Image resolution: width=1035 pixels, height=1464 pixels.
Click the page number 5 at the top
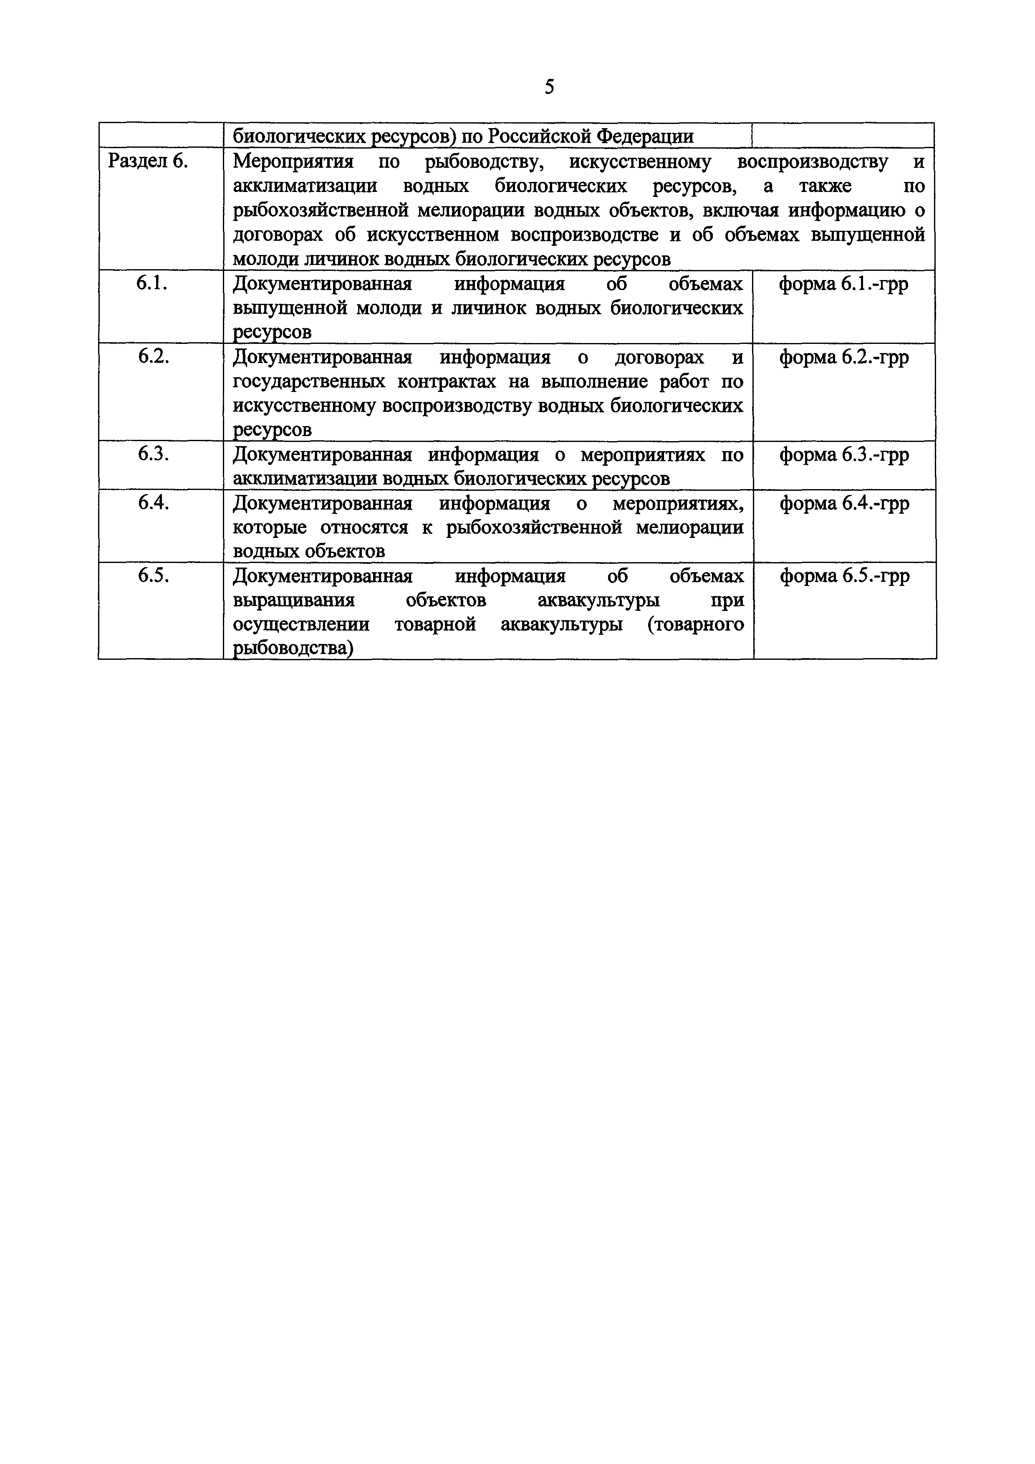pos(550,87)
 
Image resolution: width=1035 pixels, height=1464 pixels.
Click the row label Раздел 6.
pos(148,162)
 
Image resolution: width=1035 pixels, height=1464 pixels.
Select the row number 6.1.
pos(152,284)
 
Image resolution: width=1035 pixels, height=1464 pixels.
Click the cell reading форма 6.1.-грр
pos(844,284)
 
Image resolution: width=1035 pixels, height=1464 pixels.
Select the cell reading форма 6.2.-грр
pos(844,358)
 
